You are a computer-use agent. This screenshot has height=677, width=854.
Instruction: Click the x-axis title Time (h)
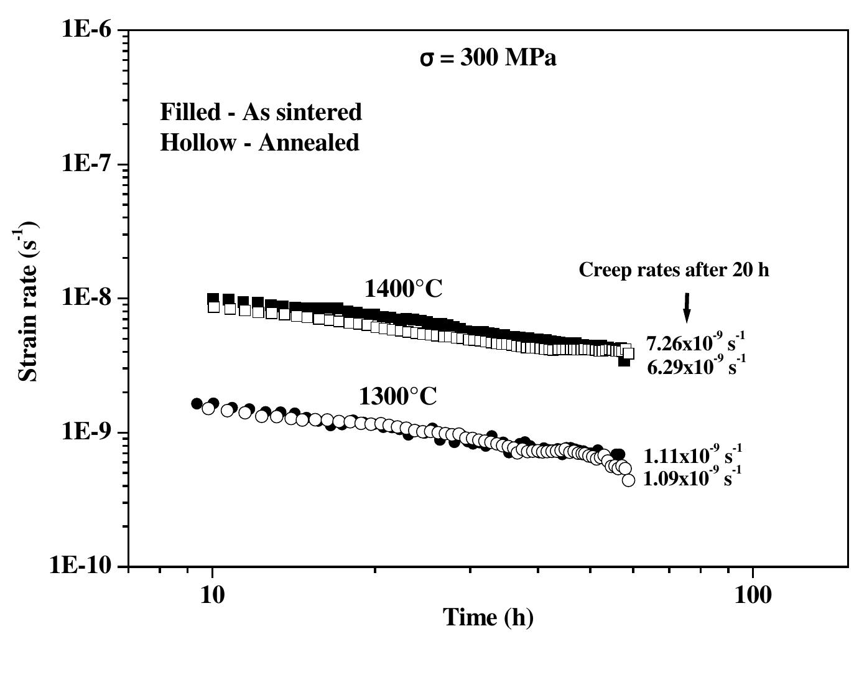(x=488, y=617)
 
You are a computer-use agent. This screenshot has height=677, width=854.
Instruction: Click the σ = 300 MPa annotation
(x=488, y=58)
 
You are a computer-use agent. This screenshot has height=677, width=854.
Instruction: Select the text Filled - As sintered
(x=261, y=112)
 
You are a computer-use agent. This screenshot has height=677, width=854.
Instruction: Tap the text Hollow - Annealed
(x=259, y=142)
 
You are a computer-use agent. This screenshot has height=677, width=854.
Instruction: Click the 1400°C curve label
(x=403, y=289)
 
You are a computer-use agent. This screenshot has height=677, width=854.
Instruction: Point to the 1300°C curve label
(x=397, y=396)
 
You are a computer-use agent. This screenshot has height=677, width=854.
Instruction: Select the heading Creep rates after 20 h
(x=674, y=270)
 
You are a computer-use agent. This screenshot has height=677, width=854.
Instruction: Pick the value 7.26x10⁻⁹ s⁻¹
(x=695, y=343)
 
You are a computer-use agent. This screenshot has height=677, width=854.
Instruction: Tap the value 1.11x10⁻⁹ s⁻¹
(x=693, y=455)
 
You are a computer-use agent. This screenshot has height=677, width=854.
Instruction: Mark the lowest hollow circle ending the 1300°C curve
(x=628, y=480)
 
